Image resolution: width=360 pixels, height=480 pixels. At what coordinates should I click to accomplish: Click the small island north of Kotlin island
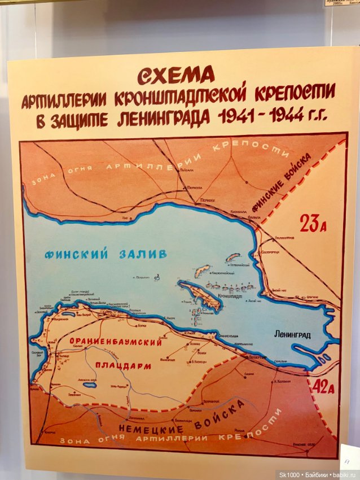click(201, 271)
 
